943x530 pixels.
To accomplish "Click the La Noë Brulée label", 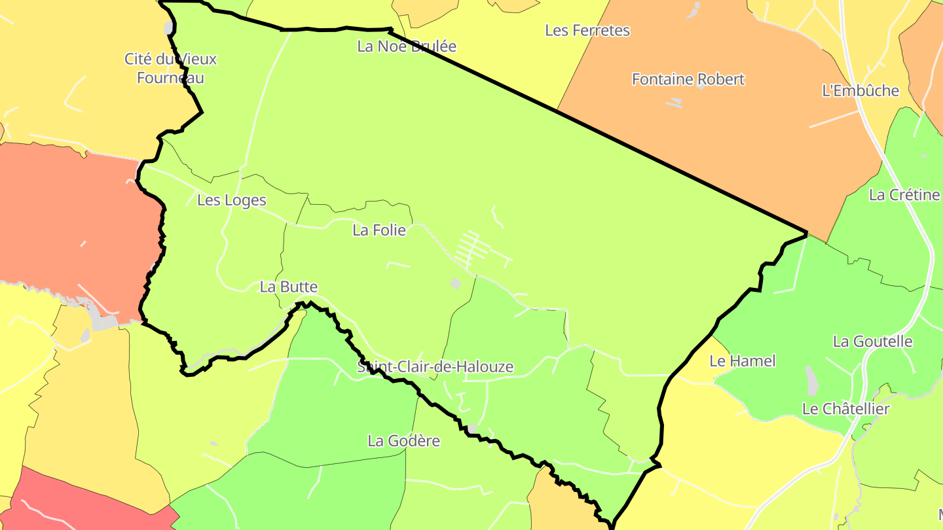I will tap(407, 46).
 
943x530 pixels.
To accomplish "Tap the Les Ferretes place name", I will tap(587, 31).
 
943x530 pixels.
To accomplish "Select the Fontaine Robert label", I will tap(688, 79).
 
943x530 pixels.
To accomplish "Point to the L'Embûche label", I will tap(860, 91).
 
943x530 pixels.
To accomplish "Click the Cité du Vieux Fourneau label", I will tap(170, 68).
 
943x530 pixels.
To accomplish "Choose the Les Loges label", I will tap(232, 200).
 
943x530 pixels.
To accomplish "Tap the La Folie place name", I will tap(379, 230).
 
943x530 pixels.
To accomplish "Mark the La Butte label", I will tap(289, 287).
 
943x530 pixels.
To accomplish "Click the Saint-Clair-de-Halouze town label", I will tap(435, 367).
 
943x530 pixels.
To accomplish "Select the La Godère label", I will tap(404, 441).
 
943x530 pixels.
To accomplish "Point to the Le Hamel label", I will tap(743, 361).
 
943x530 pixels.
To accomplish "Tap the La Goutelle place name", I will tap(873, 342).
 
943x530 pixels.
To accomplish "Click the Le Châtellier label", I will tap(846, 409).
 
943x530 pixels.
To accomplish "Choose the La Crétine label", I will tap(904, 195).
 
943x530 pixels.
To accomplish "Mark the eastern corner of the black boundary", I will tap(806, 232).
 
